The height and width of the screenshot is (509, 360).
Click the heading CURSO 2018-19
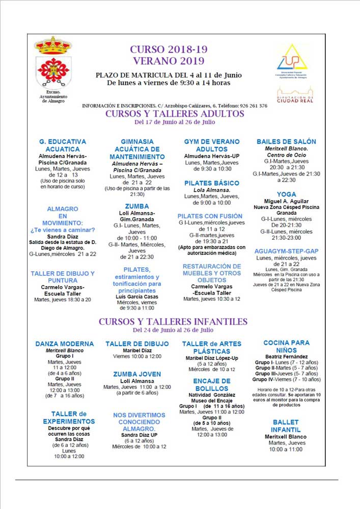click(x=169, y=49)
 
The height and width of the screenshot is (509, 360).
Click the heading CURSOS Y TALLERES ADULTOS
click(x=175, y=114)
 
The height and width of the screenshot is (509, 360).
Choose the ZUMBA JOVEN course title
click(x=137, y=374)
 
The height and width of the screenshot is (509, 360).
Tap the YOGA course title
click(x=286, y=194)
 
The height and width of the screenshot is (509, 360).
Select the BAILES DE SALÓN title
click(x=286, y=142)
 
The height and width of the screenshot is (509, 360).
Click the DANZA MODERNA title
click(x=65, y=344)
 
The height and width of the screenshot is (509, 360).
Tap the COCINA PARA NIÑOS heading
click(x=286, y=347)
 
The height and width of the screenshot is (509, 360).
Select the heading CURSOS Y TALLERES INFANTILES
click(x=173, y=322)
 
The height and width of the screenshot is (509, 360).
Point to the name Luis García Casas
click(x=137, y=296)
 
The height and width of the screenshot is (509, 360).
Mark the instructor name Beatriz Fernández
click(x=286, y=357)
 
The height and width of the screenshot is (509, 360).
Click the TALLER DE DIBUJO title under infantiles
click(x=137, y=344)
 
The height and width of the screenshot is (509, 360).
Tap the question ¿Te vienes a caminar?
click(x=63, y=230)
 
